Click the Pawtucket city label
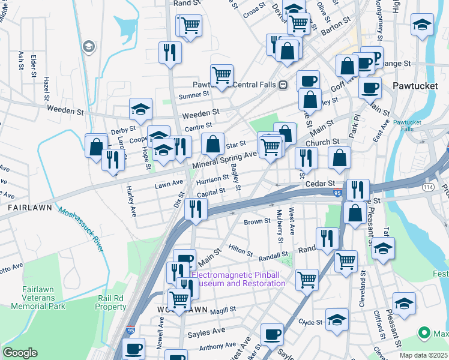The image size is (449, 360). click(415, 86)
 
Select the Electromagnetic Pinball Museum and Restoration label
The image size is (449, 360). click(238, 280)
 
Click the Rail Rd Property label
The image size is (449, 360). click(110, 302)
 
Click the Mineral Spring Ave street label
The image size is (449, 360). click(224, 159)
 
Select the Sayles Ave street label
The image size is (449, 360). click(206, 331)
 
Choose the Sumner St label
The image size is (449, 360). click(193, 94)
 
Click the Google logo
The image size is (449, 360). click(20, 353)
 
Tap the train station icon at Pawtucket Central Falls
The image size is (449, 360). click(282, 85)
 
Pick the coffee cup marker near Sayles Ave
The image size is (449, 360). click(273, 334)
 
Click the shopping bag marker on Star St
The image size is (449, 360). click(212, 145)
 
